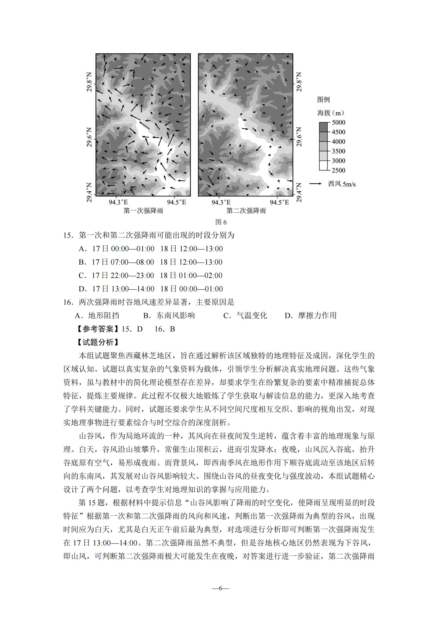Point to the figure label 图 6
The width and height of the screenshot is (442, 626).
tap(221, 222)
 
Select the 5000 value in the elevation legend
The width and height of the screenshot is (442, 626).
tap(338, 122)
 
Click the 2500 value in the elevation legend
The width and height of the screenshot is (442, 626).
tap(338, 170)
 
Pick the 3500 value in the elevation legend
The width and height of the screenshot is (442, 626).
tap(338, 151)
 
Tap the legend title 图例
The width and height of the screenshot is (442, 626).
tap(323, 100)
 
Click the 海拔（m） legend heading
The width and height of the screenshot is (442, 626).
tap(331, 113)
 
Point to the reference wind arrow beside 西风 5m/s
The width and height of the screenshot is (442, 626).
tap(316, 184)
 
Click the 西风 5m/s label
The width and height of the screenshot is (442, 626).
tap(342, 184)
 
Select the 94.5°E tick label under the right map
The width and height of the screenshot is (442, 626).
tap(279, 202)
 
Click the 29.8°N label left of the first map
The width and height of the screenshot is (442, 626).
tap(89, 82)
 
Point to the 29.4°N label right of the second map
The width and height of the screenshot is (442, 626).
tap(299, 193)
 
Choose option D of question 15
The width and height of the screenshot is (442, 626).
tap(151, 289)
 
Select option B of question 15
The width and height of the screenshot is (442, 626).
tap(151, 262)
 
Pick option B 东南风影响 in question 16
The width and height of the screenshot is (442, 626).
tap(169, 315)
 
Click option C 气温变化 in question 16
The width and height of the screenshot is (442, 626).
tap(245, 315)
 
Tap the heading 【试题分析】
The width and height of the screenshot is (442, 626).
tap(98, 342)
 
